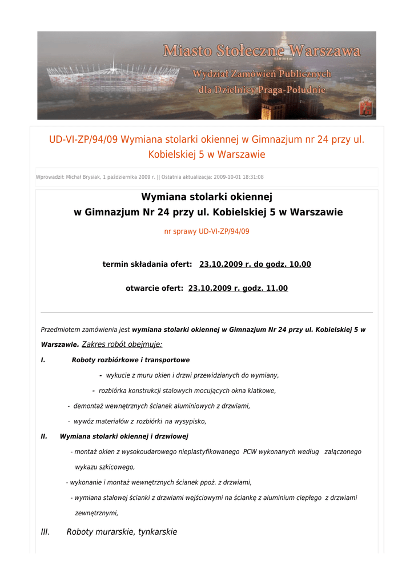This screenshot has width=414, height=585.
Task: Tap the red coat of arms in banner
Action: (x=365, y=107)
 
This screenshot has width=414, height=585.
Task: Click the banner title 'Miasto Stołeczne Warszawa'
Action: (x=262, y=51)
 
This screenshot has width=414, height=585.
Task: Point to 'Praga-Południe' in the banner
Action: (x=294, y=90)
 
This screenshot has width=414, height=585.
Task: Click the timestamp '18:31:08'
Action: (x=252, y=177)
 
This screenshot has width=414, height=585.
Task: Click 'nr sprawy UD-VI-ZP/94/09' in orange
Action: (x=207, y=231)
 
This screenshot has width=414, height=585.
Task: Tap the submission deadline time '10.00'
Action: (x=299, y=265)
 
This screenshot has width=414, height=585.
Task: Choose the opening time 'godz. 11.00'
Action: (x=266, y=289)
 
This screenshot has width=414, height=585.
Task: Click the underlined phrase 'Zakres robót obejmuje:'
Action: (x=122, y=344)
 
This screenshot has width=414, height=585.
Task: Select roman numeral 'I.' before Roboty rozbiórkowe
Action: (x=43, y=360)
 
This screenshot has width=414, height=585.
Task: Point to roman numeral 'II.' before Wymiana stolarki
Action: (x=44, y=436)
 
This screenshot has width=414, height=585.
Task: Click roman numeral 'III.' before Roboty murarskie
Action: (x=46, y=532)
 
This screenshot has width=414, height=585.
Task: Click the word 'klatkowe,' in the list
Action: (x=262, y=391)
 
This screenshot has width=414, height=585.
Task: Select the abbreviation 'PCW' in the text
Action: (x=250, y=452)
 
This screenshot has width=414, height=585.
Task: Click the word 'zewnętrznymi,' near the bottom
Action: (x=97, y=513)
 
